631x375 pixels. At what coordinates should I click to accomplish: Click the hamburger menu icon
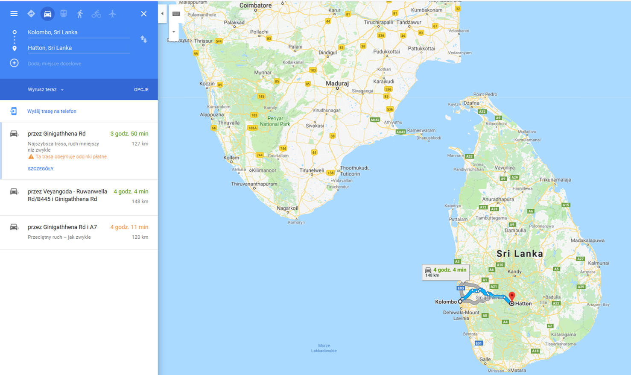14,14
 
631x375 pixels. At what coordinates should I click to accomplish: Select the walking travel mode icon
80,14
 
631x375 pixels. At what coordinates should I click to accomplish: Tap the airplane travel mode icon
112,14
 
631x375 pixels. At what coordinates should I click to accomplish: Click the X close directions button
143,14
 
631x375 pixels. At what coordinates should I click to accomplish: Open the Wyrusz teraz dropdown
46,90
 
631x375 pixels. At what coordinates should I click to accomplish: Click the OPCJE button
141,90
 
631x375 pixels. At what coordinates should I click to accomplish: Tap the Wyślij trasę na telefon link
52,111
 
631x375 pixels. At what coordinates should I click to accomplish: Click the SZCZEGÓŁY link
41,169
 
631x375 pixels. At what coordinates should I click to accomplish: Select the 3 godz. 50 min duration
129,134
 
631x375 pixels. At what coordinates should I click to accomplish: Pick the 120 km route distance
140,237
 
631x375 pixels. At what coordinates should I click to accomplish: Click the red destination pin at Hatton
512,296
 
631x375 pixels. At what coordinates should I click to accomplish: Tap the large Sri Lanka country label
520,254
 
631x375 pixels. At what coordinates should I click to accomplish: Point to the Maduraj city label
337,83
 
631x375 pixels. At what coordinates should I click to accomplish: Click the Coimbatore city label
255,6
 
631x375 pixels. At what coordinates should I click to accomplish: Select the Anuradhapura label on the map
498,199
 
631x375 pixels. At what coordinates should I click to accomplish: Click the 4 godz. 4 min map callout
446,272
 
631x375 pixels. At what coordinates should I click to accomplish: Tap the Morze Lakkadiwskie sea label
324,348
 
